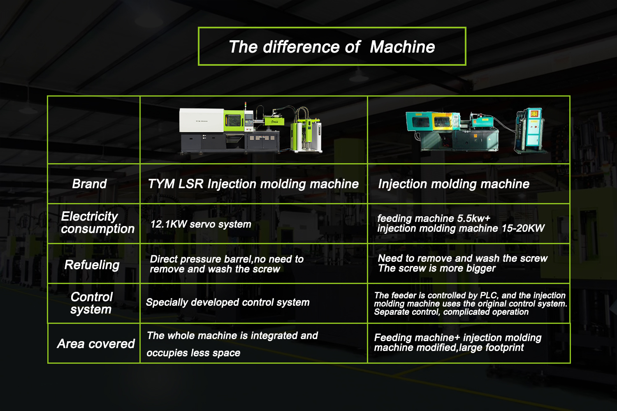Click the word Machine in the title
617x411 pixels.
(402, 47)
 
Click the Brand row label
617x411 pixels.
(89, 184)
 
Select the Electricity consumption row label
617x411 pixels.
(97, 222)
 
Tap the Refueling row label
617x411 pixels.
(92, 265)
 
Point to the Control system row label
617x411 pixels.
(91, 303)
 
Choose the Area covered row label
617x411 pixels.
(96, 344)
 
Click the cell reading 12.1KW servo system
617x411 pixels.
(201, 224)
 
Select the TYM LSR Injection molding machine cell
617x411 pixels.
(253, 184)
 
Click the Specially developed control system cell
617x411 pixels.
(227, 302)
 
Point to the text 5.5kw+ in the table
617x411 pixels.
(474, 218)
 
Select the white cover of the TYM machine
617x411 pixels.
(202, 120)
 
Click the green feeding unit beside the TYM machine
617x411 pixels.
(306, 130)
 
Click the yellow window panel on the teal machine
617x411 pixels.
(441, 121)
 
